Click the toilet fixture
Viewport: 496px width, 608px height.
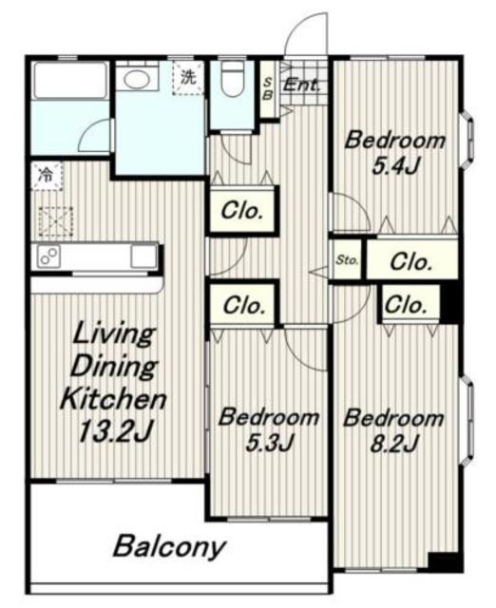(x=232, y=79)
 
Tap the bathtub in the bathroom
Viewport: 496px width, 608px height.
(x=70, y=80)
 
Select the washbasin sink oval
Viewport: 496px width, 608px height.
(x=137, y=79)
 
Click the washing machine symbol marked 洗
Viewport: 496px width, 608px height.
(x=188, y=79)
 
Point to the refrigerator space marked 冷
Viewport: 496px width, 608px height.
(x=48, y=176)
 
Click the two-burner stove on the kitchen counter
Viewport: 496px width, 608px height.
(x=48, y=256)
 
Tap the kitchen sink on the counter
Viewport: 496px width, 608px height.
(x=143, y=256)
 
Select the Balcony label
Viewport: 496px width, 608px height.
(x=169, y=547)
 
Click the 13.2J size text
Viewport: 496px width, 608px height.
(x=115, y=431)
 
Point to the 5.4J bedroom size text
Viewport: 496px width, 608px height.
(x=395, y=166)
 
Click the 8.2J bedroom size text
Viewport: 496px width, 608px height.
(x=394, y=444)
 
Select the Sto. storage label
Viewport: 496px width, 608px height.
(x=347, y=259)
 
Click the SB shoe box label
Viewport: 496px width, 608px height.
(x=267, y=88)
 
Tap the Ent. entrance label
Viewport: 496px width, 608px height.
(x=301, y=85)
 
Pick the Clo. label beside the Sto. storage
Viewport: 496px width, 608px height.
(x=410, y=262)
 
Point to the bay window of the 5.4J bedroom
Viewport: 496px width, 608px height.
(x=467, y=140)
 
